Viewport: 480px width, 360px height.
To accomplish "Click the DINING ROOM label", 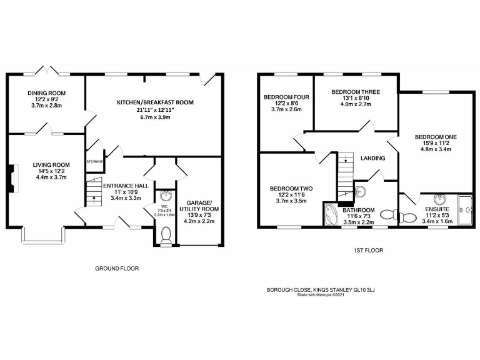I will [46, 93].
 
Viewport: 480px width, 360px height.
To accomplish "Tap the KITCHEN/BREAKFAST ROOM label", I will [155, 102].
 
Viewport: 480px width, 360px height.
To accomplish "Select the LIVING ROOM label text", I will [50, 166].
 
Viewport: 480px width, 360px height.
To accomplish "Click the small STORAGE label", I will [94, 161].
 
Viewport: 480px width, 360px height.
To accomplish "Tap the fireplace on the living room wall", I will [13, 177].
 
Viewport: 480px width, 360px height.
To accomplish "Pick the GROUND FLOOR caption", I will [116, 268].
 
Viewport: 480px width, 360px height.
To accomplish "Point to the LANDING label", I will [372, 158].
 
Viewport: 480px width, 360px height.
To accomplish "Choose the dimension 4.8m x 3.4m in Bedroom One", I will [436, 149].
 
